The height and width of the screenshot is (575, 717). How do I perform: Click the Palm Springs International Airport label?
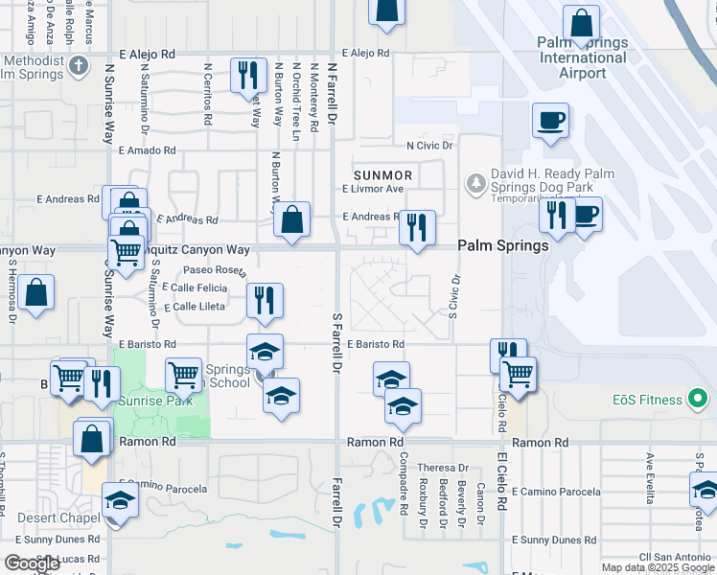[x=582, y=57]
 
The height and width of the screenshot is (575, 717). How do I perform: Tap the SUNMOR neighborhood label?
[x=382, y=175]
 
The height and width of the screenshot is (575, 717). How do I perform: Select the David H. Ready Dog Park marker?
[x=475, y=181]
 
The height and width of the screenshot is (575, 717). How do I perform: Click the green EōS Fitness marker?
[x=699, y=399]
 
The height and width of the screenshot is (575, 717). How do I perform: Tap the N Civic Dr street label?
[x=428, y=146]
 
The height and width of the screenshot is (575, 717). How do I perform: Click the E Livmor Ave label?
[x=373, y=190]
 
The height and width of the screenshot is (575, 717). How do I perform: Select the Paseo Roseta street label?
[x=209, y=270]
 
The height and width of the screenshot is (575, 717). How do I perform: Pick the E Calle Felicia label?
[x=195, y=287]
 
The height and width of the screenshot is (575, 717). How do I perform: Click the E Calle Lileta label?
[x=195, y=307]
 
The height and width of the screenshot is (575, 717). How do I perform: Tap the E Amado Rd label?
[x=147, y=150]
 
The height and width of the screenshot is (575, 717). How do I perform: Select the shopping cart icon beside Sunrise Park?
[x=183, y=375]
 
